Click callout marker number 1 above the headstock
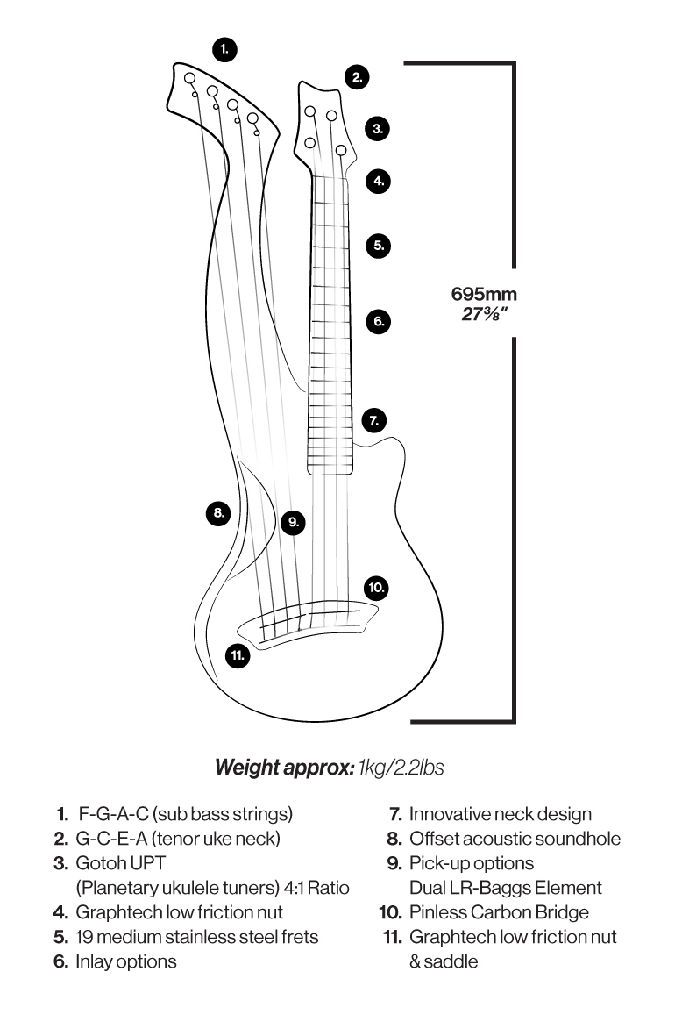[x=225, y=49]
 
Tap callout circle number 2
[x=356, y=77]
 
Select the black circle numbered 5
[x=378, y=246]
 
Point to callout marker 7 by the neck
[x=374, y=420]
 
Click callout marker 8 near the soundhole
[x=218, y=511]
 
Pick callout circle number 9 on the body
[x=294, y=522]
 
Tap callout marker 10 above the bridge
[x=376, y=587]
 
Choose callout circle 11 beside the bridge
[x=237, y=654]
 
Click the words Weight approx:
[x=285, y=768]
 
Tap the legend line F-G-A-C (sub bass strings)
[x=185, y=814]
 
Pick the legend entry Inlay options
[x=126, y=961]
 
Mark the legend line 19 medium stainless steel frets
[x=197, y=937]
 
